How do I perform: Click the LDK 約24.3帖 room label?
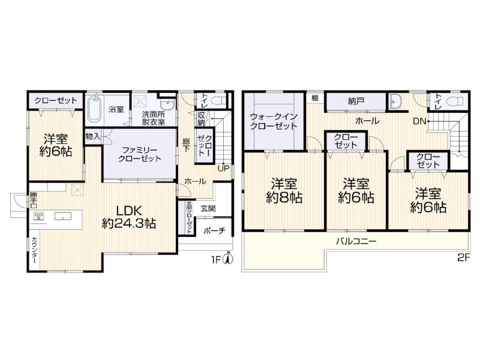pyautogui.click(x=128, y=217)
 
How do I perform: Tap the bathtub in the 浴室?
pyautogui.click(x=94, y=110)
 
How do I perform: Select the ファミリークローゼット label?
pyautogui.click(x=140, y=154)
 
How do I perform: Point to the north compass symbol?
pyautogui.click(x=226, y=259)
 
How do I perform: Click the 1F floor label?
pyautogui.click(x=215, y=260)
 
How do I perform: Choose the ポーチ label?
pyautogui.click(x=214, y=231)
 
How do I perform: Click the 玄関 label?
pyautogui.click(x=208, y=208)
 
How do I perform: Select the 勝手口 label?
pyautogui.click(x=34, y=200)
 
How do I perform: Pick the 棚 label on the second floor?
pyautogui.click(x=315, y=97)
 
